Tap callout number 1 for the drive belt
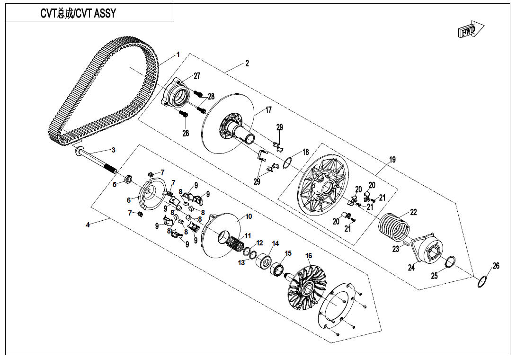[178, 54]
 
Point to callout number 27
[196, 76]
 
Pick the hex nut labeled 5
[127, 179]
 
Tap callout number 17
[268, 110]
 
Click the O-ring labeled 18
[287, 163]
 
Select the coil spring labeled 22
[393, 227]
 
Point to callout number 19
[392, 160]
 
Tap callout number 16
[309, 256]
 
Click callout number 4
[88, 225]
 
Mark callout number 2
[247, 63]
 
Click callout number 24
[411, 268]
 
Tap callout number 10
[249, 216]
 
